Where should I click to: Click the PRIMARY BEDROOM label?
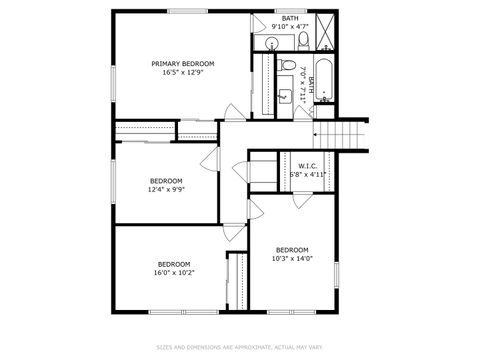(x=182, y=63)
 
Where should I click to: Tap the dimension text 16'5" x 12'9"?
(x=182, y=72)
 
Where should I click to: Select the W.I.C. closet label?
(x=307, y=166)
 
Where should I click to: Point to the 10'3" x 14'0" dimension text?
(x=292, y=259)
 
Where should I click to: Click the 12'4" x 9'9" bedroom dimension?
(x=166, y=189)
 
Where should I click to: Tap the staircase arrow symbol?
(x=318, y=133)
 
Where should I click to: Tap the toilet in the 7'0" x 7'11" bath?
(x=286, y=67)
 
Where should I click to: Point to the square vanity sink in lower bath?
(x=286, y=97)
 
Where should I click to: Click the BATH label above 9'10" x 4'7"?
(x=290, y=19)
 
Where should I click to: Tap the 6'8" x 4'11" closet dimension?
(x=307, y=175)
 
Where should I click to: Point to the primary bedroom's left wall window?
(x=110, y=70)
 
